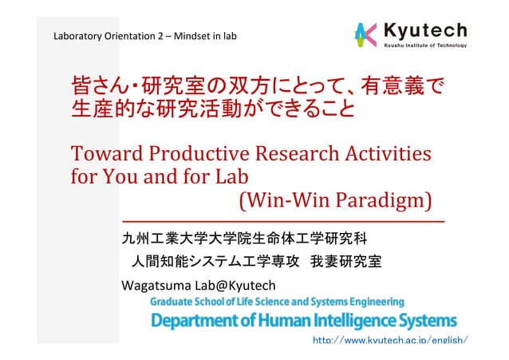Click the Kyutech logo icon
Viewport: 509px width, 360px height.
[365, 34]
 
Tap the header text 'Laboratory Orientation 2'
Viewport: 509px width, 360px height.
[101, 37]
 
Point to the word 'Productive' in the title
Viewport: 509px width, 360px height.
[199, 152]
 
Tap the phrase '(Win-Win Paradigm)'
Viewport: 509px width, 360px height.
[336, 196]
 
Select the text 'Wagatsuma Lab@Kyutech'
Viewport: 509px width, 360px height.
[198, 285]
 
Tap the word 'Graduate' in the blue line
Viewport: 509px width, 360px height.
[174, 302]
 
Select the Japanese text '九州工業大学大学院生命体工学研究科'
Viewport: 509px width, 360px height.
[243, 238]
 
